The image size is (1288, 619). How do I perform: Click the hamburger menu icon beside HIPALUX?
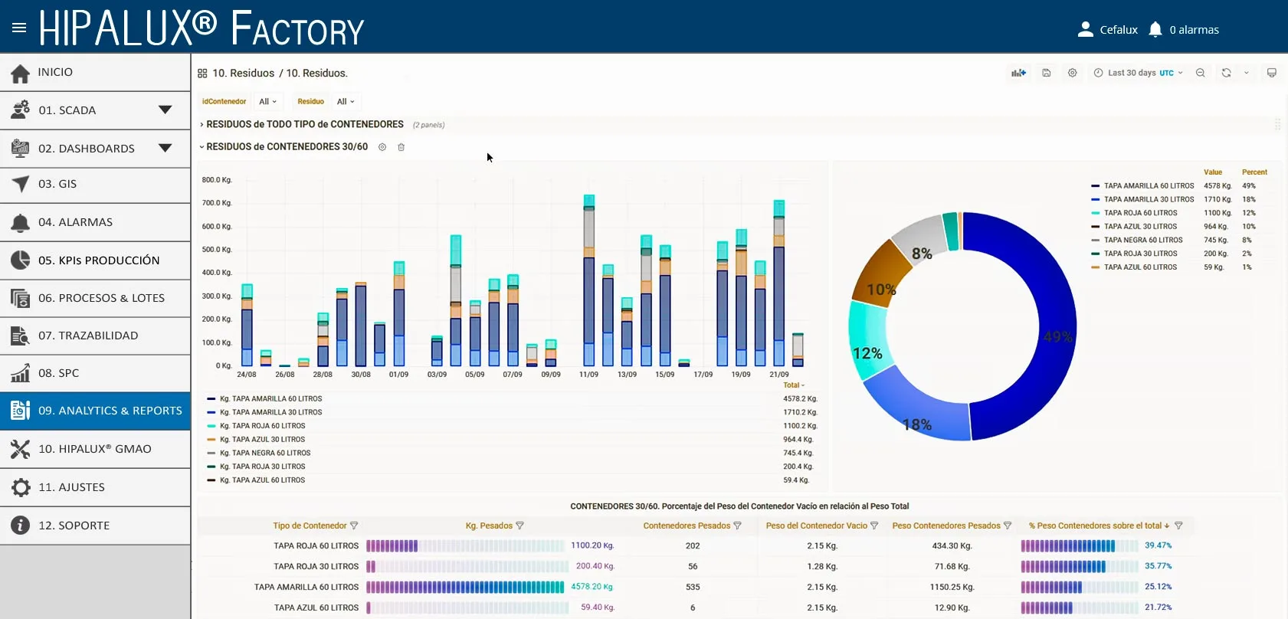point(19,28)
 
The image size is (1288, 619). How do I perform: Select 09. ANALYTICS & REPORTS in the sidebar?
point(95,411)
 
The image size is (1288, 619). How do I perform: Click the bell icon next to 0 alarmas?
point(1155,29)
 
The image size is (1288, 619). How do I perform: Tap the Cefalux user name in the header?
point(1119,30)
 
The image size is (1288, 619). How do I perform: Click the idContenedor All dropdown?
point(267,102)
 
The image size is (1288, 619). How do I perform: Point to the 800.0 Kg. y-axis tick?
point(217,180)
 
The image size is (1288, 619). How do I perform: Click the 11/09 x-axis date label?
point(588,374)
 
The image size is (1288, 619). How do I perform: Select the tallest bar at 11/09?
point(588,280)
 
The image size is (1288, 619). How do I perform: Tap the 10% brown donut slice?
point(880,275)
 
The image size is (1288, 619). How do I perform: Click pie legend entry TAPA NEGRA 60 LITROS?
point(1143,241)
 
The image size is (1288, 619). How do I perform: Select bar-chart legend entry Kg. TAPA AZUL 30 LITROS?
point(262,440)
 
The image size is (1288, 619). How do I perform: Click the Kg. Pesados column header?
point(489,526)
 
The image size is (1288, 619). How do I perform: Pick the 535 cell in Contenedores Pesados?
point(693,587)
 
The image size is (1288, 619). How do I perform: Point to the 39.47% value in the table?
point(1158,545)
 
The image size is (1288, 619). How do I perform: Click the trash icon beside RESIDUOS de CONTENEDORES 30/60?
point(401,147)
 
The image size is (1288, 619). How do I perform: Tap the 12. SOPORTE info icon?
point(20,526)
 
